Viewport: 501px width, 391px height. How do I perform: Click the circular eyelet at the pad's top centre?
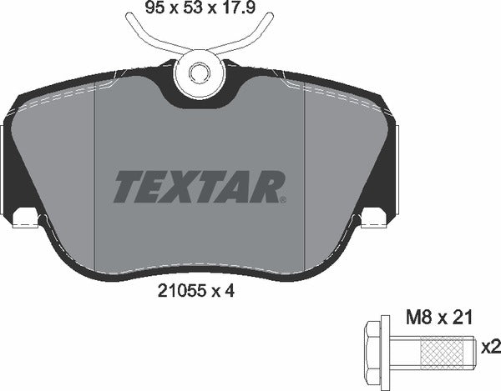click(x=200, y=74)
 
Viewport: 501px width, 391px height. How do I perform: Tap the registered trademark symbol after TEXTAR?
click(x=285, y=199)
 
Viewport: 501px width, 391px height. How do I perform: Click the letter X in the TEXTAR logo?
click(x=185, y=185)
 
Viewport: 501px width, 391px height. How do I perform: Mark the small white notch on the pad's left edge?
click(x=28, y=218)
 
